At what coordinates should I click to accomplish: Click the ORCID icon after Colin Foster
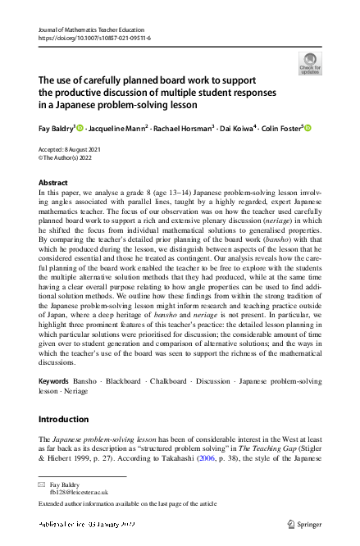tap(308, 127)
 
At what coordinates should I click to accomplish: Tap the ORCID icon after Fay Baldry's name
tap(80, 127)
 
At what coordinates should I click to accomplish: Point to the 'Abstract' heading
tap(53, 182)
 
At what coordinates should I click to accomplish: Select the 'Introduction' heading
tap(64, 419)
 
